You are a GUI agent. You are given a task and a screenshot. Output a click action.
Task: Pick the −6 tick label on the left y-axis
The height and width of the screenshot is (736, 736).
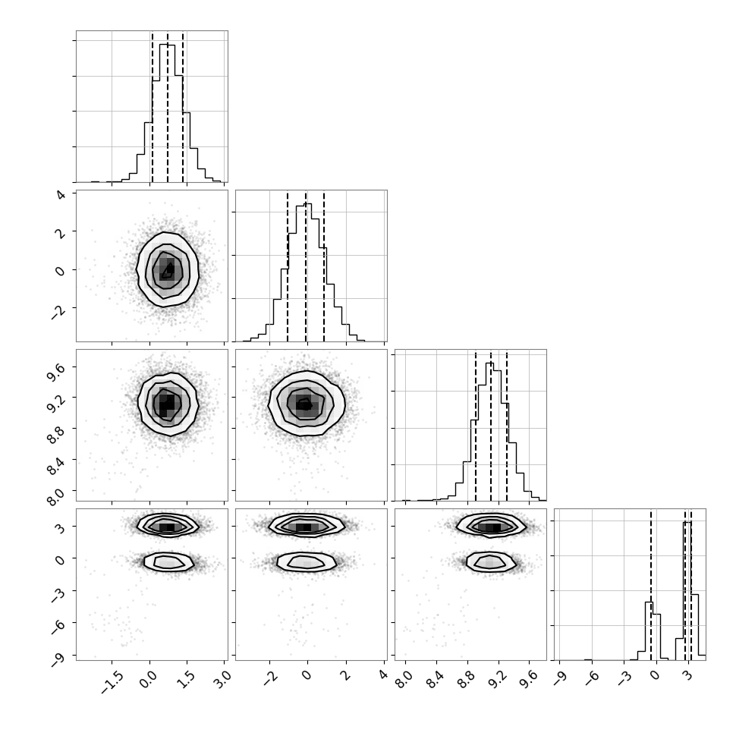coord(58,626)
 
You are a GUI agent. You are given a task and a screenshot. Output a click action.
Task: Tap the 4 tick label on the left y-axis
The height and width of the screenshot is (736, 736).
coord(61,193)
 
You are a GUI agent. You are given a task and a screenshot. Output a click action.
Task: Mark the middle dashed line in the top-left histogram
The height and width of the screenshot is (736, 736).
coord(168,107)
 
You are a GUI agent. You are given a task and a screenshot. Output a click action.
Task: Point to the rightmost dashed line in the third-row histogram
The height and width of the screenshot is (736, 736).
coord(507,426)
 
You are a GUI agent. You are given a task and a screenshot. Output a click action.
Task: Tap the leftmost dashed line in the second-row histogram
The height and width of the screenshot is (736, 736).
coord(288,267)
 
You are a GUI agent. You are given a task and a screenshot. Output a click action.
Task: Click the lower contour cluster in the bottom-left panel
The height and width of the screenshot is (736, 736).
coord(168,561)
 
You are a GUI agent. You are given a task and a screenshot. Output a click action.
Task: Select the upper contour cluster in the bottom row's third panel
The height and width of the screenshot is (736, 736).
coord(491,526)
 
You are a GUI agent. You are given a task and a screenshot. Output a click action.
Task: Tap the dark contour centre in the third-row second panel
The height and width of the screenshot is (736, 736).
coord(306,404)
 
